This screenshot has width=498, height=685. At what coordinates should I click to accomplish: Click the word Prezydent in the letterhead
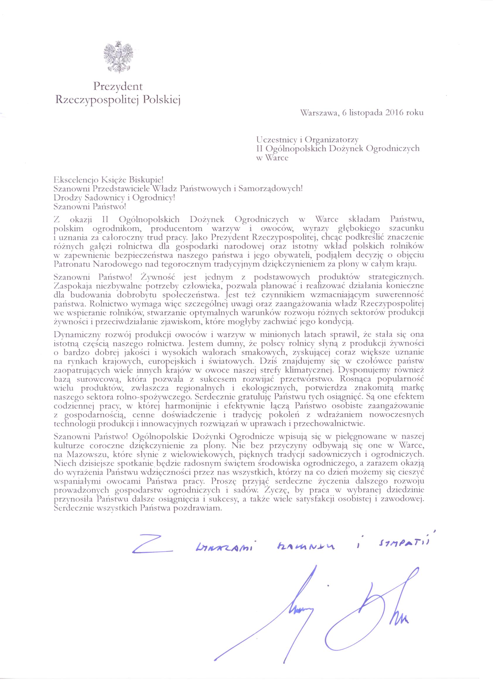(118, 86)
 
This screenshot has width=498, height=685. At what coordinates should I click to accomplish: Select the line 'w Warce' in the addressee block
(272, 158)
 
